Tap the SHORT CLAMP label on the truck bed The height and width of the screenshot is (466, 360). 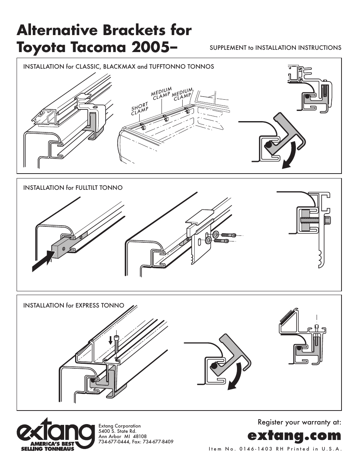[140, 108]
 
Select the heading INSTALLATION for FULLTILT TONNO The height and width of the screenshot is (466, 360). [73, 188]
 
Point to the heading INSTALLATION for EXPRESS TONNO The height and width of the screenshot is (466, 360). [74, 306]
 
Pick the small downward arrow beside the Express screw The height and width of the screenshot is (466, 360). [110, 341]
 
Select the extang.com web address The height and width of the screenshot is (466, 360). [294, 435]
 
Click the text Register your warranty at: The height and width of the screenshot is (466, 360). [299, 422]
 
